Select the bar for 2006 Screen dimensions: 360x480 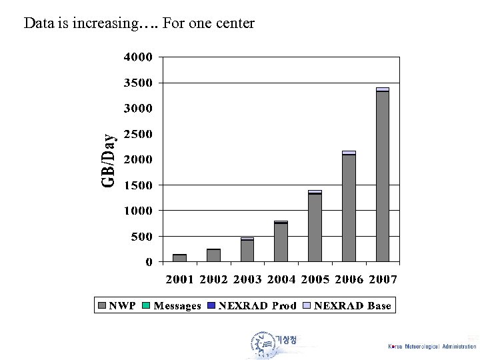click(x=349, y=207)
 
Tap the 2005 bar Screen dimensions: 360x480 click(x=315, y=226)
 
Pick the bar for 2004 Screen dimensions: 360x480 click(x=281, y=241)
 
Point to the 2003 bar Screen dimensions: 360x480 click(x=247, y=250)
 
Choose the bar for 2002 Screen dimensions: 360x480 click(x=213, y=255)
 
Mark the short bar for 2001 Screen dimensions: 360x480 click(x=179, y=258)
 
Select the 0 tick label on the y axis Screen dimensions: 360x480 click(x=149, y=262)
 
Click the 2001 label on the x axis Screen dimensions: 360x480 click(x=180, y=279)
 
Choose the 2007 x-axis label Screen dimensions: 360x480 click(x=382, y=279)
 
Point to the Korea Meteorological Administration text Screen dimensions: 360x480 click(x=432, y=347)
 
